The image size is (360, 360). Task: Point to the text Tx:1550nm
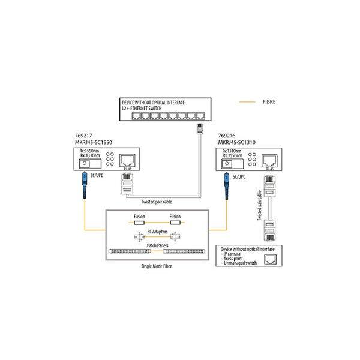[88, 151]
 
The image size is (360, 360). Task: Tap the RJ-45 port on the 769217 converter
[126, 160]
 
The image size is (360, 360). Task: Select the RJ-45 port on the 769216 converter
[270, 160]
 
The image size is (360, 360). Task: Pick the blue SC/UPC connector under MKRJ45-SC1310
[227, 179]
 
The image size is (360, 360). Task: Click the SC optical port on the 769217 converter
[85, 163]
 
